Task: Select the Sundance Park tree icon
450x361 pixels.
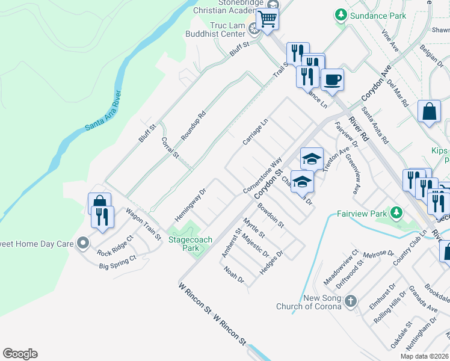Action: pos(341,14)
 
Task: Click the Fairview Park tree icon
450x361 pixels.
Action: pos(396,212)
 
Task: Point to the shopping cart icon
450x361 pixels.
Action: pos(267,19)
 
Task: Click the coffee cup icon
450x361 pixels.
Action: pos(331,79)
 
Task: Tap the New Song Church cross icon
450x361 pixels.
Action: pos(352,301)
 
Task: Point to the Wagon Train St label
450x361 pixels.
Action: pos(144,224)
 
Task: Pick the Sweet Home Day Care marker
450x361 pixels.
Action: pos(83,244)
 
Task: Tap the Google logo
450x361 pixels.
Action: pos(20,354)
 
